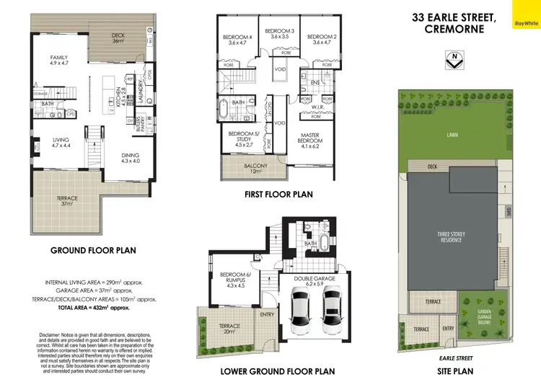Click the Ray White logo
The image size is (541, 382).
(525, 22)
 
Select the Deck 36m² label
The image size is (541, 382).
(118, 38)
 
